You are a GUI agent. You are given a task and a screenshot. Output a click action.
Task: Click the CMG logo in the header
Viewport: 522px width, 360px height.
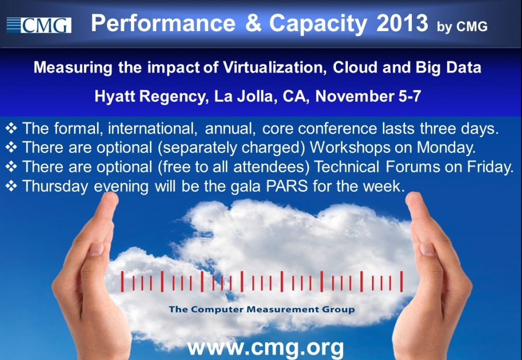[39, 25]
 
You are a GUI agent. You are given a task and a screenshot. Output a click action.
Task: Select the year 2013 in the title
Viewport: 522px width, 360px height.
[402, 23]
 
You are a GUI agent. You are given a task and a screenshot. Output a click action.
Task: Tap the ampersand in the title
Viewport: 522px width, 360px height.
[253, 23]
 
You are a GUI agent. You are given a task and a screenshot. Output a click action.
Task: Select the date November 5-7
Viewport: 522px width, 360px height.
[368, 96]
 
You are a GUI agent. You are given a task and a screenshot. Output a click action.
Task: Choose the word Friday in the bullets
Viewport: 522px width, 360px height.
[490, 167]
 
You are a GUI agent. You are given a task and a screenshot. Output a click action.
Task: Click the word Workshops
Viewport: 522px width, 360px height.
[350, 147]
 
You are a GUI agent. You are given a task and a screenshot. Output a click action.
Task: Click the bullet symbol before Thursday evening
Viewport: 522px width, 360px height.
[11, 186]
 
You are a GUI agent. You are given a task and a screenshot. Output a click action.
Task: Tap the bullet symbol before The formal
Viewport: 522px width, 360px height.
[11, 128]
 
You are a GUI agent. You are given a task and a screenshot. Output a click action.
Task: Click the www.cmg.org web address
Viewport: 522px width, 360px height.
[265, 348]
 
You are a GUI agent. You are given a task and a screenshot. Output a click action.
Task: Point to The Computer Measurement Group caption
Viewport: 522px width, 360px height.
[262, 310]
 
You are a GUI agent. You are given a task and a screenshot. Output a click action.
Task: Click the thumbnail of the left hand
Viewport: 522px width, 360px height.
[96, 249]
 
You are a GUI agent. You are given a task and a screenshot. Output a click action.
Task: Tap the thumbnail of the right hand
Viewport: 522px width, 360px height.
[427, 249]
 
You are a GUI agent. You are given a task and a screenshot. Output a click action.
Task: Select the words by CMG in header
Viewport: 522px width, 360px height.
[462, 27]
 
